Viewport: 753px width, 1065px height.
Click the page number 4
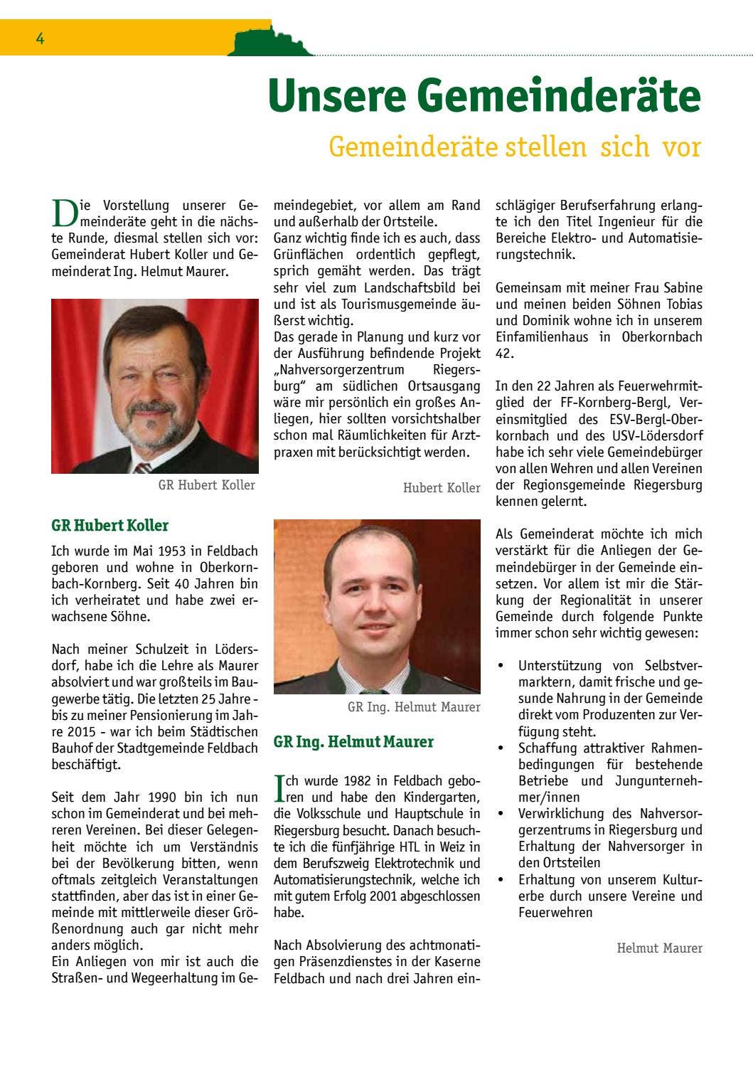(41, 40)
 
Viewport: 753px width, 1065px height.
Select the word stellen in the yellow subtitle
(546, 147)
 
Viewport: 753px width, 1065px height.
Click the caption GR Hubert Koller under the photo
(206, 485)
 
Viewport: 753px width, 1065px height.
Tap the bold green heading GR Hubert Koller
(110, 526)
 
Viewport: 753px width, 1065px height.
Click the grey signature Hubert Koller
(442, 488)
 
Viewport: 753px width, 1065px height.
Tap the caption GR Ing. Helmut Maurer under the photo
(414, 707)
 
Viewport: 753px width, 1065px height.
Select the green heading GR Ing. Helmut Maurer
(353, 742)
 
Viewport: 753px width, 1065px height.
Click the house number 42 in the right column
(503, 354)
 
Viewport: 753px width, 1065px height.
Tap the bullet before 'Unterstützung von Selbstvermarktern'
(501, 666)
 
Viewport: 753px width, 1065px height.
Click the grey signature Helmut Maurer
(659, 948)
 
